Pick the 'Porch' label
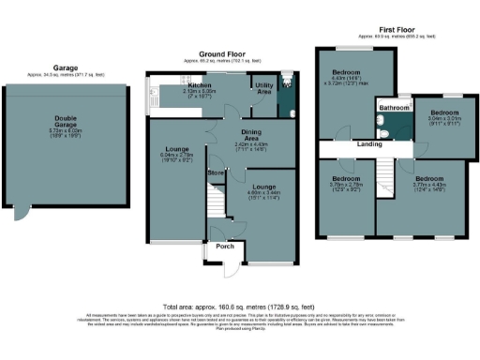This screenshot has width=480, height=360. coord(225,247)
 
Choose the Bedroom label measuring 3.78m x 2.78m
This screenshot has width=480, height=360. coord(346,178)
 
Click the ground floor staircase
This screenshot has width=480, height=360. coord(217,201)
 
